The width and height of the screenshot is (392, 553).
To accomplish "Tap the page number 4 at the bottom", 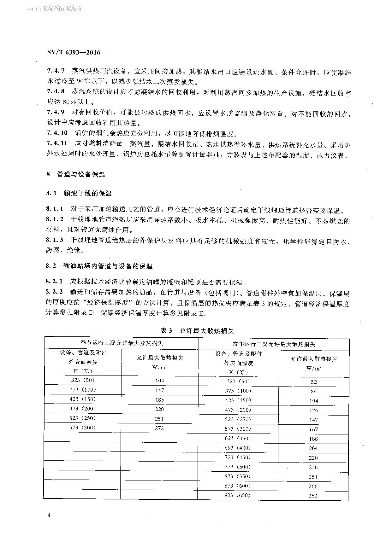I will pos(49,515).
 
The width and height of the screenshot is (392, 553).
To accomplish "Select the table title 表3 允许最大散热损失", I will pos(197,330).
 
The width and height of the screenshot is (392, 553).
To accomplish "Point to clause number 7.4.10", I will pos(57,133).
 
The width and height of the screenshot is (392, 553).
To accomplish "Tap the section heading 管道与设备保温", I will pos(81,174).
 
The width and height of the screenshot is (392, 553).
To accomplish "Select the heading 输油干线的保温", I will pos(87,193).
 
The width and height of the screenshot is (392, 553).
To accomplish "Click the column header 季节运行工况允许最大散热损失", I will pos(122,343).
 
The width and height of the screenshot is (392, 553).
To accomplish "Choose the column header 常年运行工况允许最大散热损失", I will pos(274,344).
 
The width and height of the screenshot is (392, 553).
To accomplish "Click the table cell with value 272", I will pos(159,428).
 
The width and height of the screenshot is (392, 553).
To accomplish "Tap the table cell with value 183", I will pos(159,399).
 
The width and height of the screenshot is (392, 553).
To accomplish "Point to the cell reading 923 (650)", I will pos(238,495).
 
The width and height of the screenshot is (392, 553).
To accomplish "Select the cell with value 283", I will pos(313,496).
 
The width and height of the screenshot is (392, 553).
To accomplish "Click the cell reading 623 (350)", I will pos(238,438).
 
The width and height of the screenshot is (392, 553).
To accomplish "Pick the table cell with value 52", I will pos(313,382).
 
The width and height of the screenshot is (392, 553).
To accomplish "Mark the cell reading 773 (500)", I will pos(238,467).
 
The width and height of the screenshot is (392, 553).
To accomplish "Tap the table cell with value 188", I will pos(313,439).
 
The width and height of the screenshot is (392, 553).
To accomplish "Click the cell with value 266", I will pos(313,486).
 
